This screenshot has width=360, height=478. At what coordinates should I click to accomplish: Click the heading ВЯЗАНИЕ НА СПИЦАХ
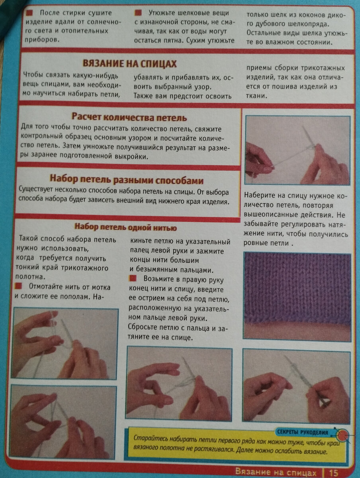[x=129, y=64]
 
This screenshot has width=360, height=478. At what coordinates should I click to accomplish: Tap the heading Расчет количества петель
[x=129, y=117]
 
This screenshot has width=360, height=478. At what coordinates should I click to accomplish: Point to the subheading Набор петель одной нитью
[x=125, y=227]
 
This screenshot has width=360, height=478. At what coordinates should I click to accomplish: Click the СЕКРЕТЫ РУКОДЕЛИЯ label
[x=303, y=432]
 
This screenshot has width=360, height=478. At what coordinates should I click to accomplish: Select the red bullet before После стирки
[x=29, y=13]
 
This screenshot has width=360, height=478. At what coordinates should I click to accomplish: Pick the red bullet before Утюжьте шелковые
[x=138, y=13]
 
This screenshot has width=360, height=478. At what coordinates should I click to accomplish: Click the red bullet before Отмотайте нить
[x=18, y=286]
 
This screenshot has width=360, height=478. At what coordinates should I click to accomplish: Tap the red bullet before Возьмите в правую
[x=133, y=278]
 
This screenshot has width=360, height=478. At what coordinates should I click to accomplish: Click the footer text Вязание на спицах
[x=276, y=472]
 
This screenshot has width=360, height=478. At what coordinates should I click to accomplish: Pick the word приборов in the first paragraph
[x=41, y=40]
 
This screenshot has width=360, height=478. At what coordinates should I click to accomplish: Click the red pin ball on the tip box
[x=342, y=435]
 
